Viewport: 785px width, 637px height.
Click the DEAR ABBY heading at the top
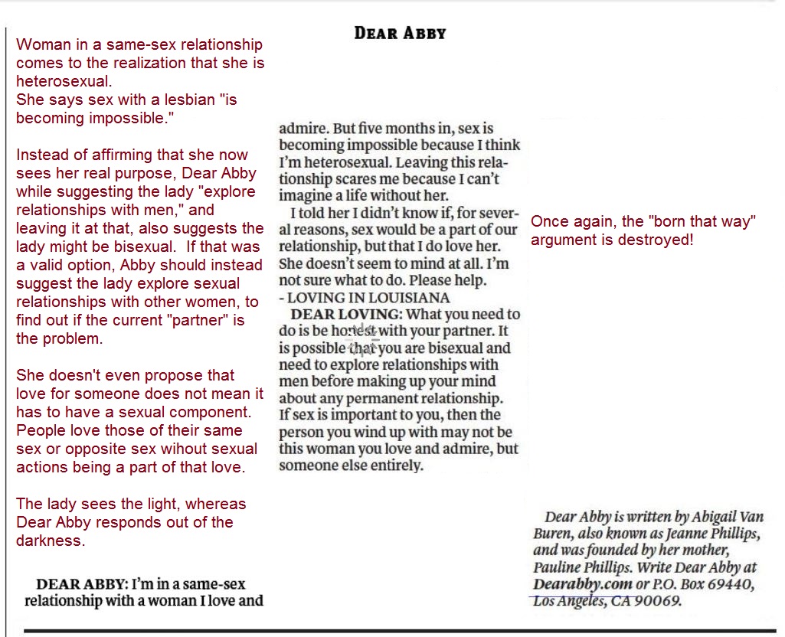click(x=400, y=33)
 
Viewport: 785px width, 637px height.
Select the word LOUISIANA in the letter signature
click(x=411, y=297)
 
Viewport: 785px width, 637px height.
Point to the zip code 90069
click(x=658, y=601)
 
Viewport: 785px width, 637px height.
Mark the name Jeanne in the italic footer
click(x=675, y=534)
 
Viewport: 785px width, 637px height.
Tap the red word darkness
click(x=51, y=541)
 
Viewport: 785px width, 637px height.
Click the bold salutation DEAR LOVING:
click(x=346, y=314)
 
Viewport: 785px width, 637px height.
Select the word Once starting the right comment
click(x=548, y=222)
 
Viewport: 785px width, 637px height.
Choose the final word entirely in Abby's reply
click(x=394, y=465)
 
